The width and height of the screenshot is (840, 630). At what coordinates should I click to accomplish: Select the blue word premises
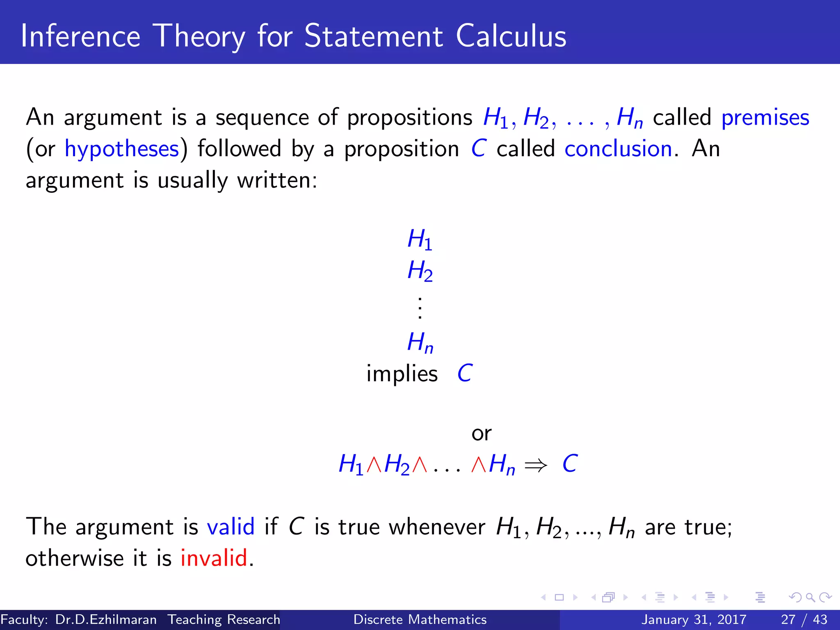point(765,118)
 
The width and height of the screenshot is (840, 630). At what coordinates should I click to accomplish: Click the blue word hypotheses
point(122,149)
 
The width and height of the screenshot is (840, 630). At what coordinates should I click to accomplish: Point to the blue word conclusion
point(618,149)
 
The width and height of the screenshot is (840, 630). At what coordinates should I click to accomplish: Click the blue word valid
point(231,527)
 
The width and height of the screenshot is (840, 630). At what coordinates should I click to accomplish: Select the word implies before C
point(402,374)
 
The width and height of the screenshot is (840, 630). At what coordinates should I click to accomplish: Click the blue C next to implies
point(465,373)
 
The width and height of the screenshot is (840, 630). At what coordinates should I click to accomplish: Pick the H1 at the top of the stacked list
point(420,239)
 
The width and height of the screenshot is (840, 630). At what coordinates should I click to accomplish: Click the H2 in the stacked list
point(420,271)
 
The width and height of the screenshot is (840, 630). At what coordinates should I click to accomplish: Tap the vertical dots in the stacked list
point(420,307)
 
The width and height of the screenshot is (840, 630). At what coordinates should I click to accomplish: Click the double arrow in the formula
point(536,465)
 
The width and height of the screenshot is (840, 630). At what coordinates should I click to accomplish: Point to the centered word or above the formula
point(481,434)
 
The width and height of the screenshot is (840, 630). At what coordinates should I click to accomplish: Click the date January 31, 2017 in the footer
point(694,619)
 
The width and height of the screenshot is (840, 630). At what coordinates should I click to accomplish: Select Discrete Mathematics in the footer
point(420,619)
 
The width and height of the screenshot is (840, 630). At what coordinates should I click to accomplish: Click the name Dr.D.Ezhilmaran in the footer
point(106,619)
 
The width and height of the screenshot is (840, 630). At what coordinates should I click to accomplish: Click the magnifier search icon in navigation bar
point(810,597)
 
